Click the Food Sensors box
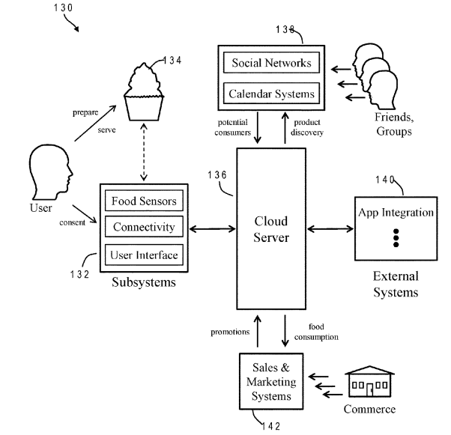tap(144, 201)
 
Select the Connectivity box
tap(144, 227)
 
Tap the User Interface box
tap(144, 255)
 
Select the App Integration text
tap(396, 212)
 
